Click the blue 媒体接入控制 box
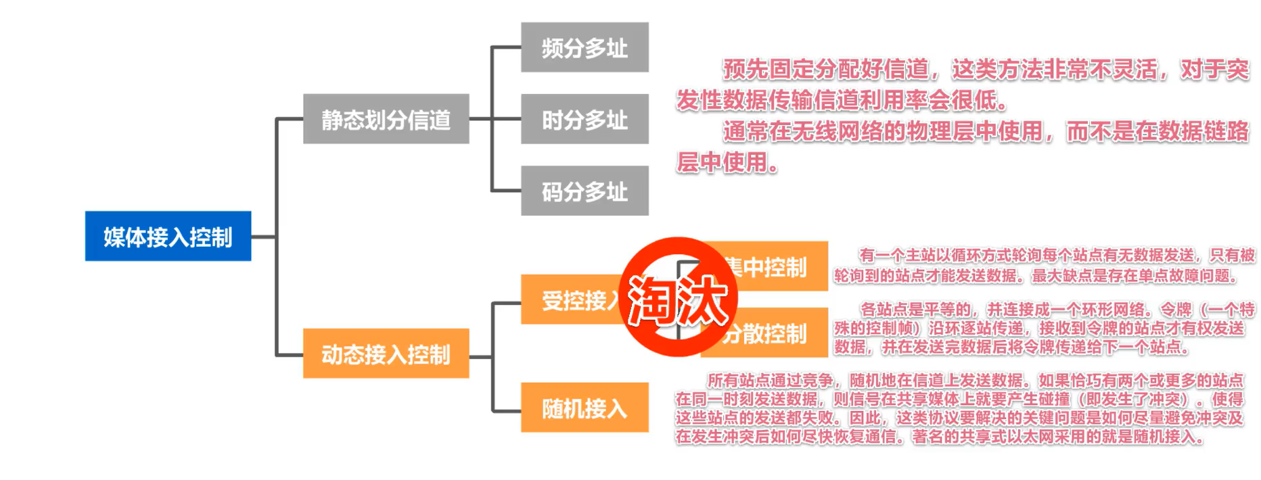168,237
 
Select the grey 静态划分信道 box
386,119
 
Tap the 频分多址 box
584,47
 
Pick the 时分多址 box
584,119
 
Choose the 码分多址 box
584,191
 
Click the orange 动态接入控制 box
386,354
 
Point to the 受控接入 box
572,299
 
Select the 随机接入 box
584,408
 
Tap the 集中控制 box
778,266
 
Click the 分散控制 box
778,333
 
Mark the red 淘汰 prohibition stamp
678,297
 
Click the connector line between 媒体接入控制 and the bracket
264,237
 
